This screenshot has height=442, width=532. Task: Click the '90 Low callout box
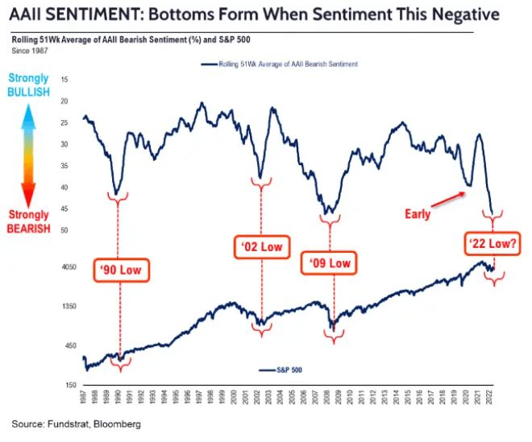pyautogui.click(x=119, y=270)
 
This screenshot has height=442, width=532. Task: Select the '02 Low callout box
pyautogui.click(x=261, y=246)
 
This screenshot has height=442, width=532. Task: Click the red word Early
pyautogui.click(x=418, y=214)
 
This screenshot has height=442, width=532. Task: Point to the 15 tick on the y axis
pyautogui.click(x=64, y=79)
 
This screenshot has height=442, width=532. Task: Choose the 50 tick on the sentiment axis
pyautogui.click(x=64, y=230)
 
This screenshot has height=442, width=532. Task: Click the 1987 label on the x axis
pyautogui.click(x=85, y=400)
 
